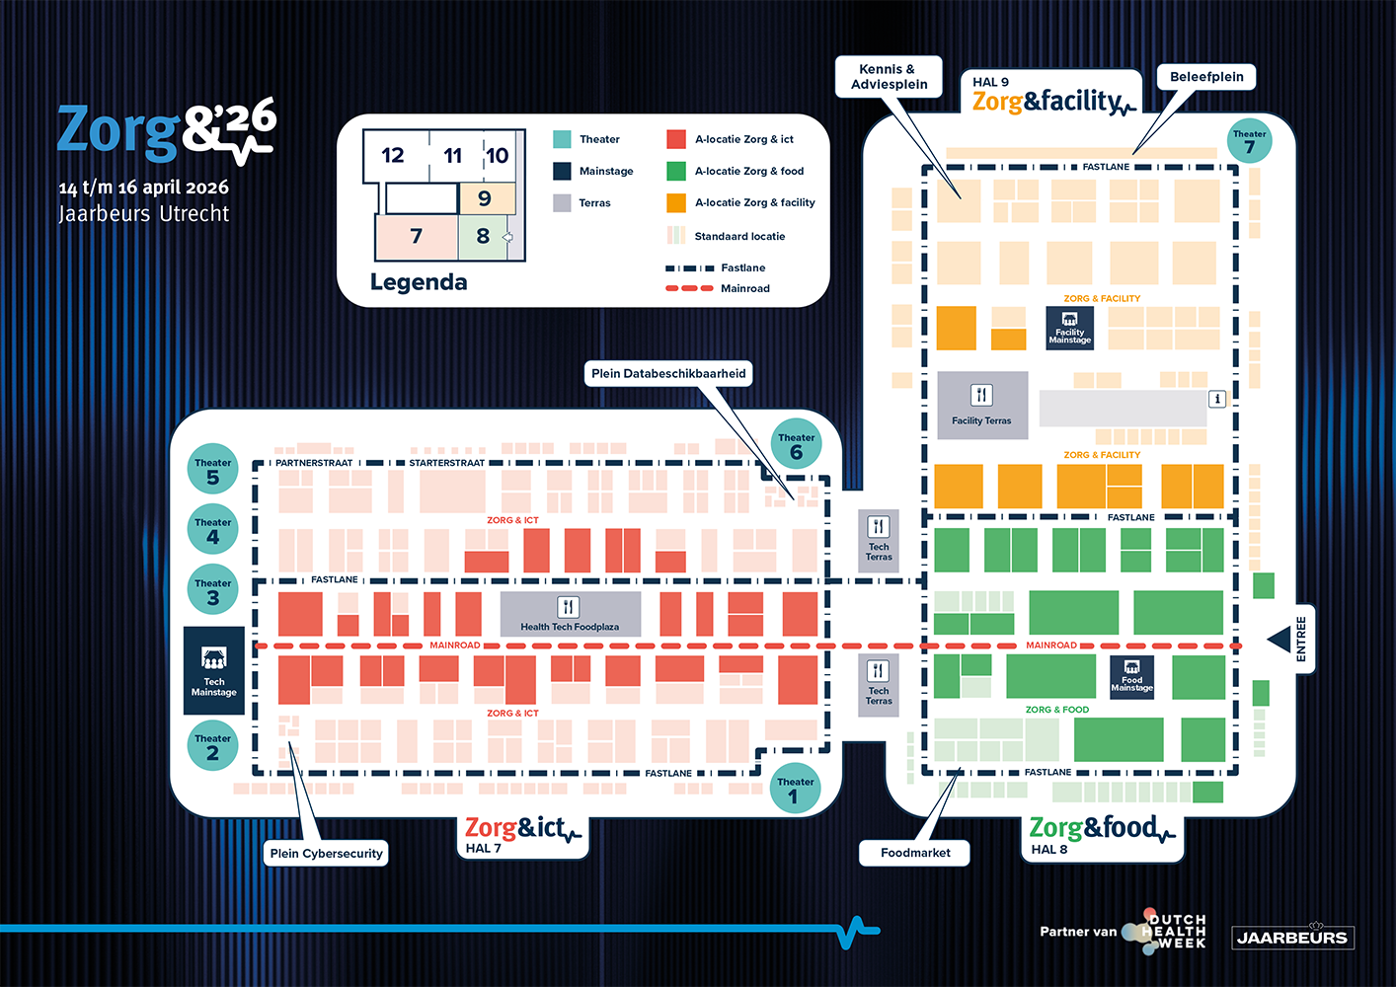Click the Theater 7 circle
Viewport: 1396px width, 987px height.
coord(1249,142)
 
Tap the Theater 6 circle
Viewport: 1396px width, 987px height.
coord(796,447)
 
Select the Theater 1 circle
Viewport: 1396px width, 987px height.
coord(795,789)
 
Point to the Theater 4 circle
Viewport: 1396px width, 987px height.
coord(212,531)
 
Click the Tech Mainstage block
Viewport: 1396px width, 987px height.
coord(214,670)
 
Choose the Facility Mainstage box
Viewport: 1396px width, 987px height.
coord(1069,328)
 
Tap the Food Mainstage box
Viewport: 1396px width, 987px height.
coord(1131,676)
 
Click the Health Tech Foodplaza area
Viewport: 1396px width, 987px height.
coord(570,614)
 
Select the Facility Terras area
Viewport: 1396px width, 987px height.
coord(981,405)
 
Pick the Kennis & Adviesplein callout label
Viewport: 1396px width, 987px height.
coord(889,77)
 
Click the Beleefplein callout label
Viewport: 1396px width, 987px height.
coord(1206,77)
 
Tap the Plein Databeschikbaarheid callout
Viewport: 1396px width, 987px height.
coord(668,373)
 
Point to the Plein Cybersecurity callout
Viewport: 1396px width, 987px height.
coord(326,853)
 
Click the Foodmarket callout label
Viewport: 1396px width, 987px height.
coord(915,853)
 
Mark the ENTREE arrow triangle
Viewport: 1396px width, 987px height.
coord(1280,640)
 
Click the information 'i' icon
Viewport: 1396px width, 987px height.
coord(1217,399)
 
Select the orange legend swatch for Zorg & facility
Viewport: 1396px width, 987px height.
coord(676,202)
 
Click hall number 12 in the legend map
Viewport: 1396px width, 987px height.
coord(393,155)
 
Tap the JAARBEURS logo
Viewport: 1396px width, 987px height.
coord(1291,938)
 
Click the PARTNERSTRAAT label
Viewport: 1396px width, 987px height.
coord(314,463)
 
